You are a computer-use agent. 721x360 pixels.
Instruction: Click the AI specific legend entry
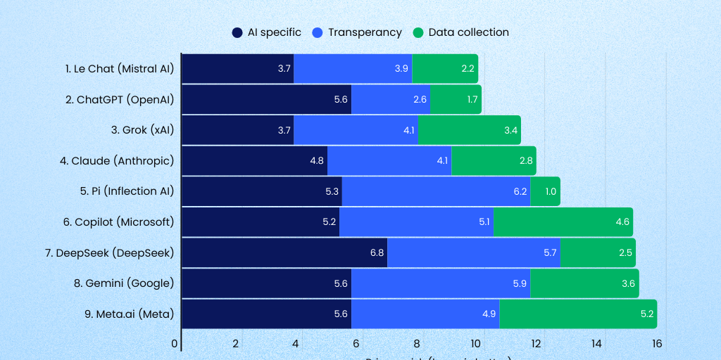[267, 32]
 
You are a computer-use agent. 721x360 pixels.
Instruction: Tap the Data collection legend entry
[460, 32]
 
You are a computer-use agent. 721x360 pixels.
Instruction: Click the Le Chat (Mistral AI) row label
[119, 69]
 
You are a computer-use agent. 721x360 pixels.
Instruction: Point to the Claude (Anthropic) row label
[117, 160]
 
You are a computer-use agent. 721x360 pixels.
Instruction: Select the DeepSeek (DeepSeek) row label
[115, 252]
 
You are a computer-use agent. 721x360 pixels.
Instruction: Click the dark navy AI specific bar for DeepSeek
[284, 252]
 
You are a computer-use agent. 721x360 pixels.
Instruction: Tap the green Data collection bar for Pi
[545, 191]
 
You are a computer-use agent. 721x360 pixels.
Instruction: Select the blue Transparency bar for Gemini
[440, 283]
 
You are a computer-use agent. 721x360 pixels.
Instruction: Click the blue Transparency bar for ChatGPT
[391, 100]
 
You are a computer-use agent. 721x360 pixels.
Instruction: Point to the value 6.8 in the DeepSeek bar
[377, 253]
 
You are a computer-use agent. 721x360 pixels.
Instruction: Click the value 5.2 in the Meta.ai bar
[646, 314]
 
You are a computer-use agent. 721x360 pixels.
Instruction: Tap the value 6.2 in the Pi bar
[520, 192]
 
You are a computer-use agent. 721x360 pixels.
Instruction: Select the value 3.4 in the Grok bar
[511, 131]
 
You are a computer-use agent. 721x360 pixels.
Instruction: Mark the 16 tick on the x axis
[656, 343]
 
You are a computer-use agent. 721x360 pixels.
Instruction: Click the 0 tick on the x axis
[175, 343]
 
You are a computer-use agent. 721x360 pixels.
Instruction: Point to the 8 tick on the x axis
[416, 343]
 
